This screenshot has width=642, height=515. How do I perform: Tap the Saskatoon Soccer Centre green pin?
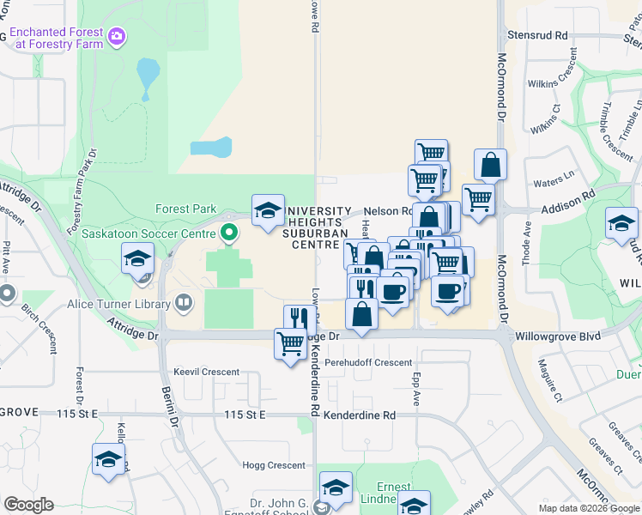[x=228, y=233]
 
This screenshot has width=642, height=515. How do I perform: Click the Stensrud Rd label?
[x=537, y=36]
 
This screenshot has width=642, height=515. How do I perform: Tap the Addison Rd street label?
[x=568, y=209]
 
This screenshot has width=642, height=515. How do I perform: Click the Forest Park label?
[x=186, y=209]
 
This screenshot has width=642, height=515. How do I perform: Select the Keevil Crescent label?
[x=206, y=372]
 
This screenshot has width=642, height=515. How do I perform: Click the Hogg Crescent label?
[x=274, y=465]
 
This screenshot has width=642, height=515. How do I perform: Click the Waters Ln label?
[x=554, y=181]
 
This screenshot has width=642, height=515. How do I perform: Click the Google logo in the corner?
[x=28, y=505]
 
